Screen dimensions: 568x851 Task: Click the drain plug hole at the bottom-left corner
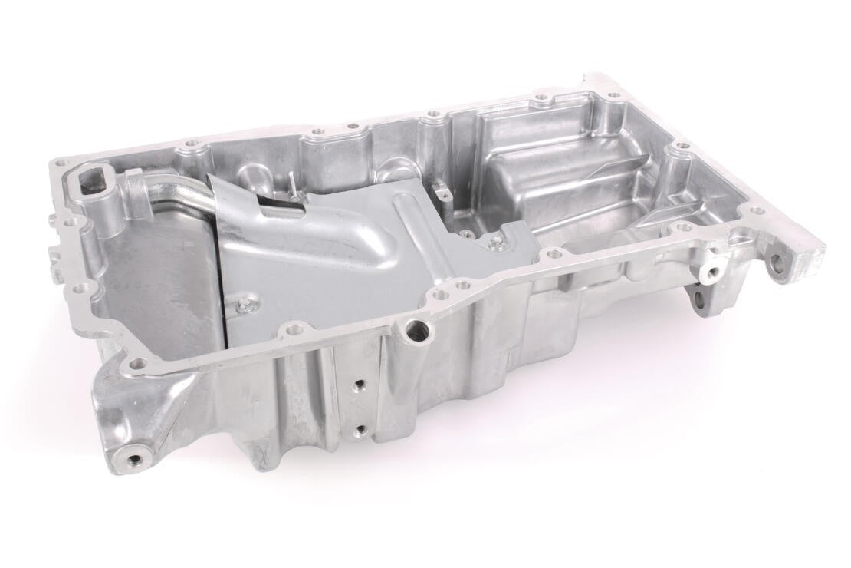point(137,460)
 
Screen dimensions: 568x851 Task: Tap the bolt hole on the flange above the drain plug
point(137,363)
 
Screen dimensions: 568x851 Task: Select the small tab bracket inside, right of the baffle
point(442,187)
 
